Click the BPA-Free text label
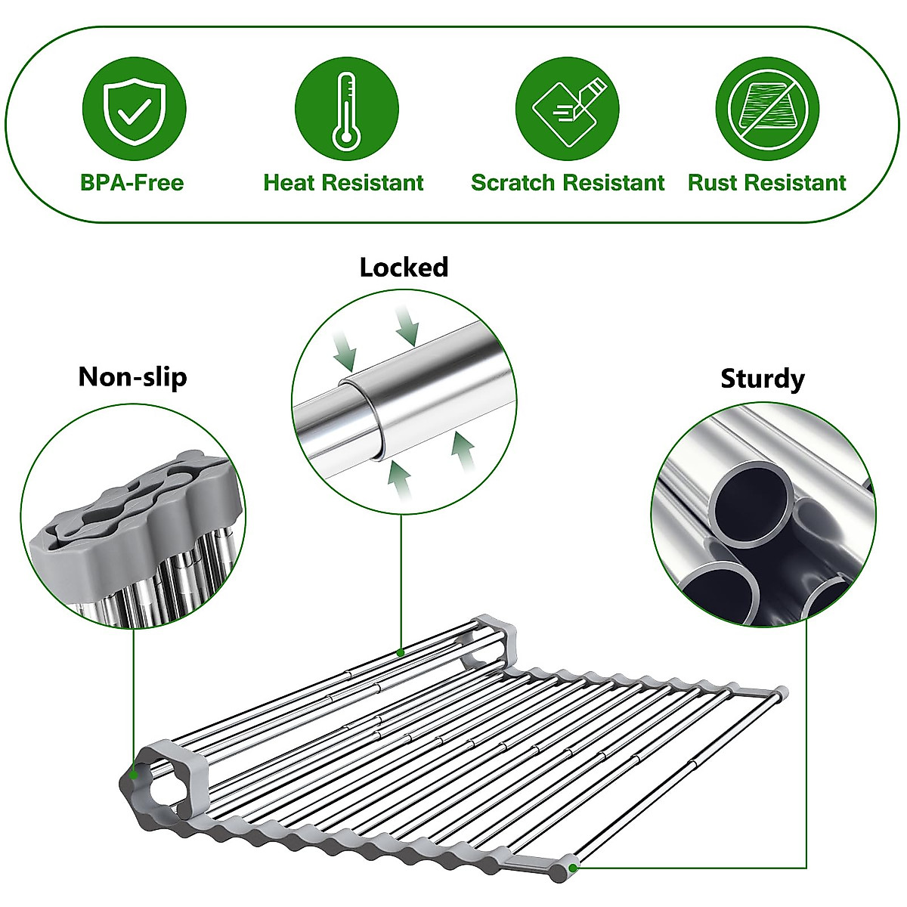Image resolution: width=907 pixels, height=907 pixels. coord(132,183)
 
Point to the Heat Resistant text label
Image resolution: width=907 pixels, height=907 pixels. coord(343,183)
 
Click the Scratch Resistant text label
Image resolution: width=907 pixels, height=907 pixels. coord(567,183)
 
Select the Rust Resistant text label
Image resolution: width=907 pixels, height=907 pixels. coord(766,183)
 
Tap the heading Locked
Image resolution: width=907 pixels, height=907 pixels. coord(404,268)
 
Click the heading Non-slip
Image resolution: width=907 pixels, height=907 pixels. coord(132,376)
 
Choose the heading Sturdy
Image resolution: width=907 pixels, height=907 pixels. coord(762,378)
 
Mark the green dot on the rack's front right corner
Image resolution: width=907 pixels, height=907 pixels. coord(573,867)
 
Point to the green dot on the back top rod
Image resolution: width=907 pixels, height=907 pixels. coord(401,652)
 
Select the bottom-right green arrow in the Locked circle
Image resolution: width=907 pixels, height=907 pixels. coord(463,453)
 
